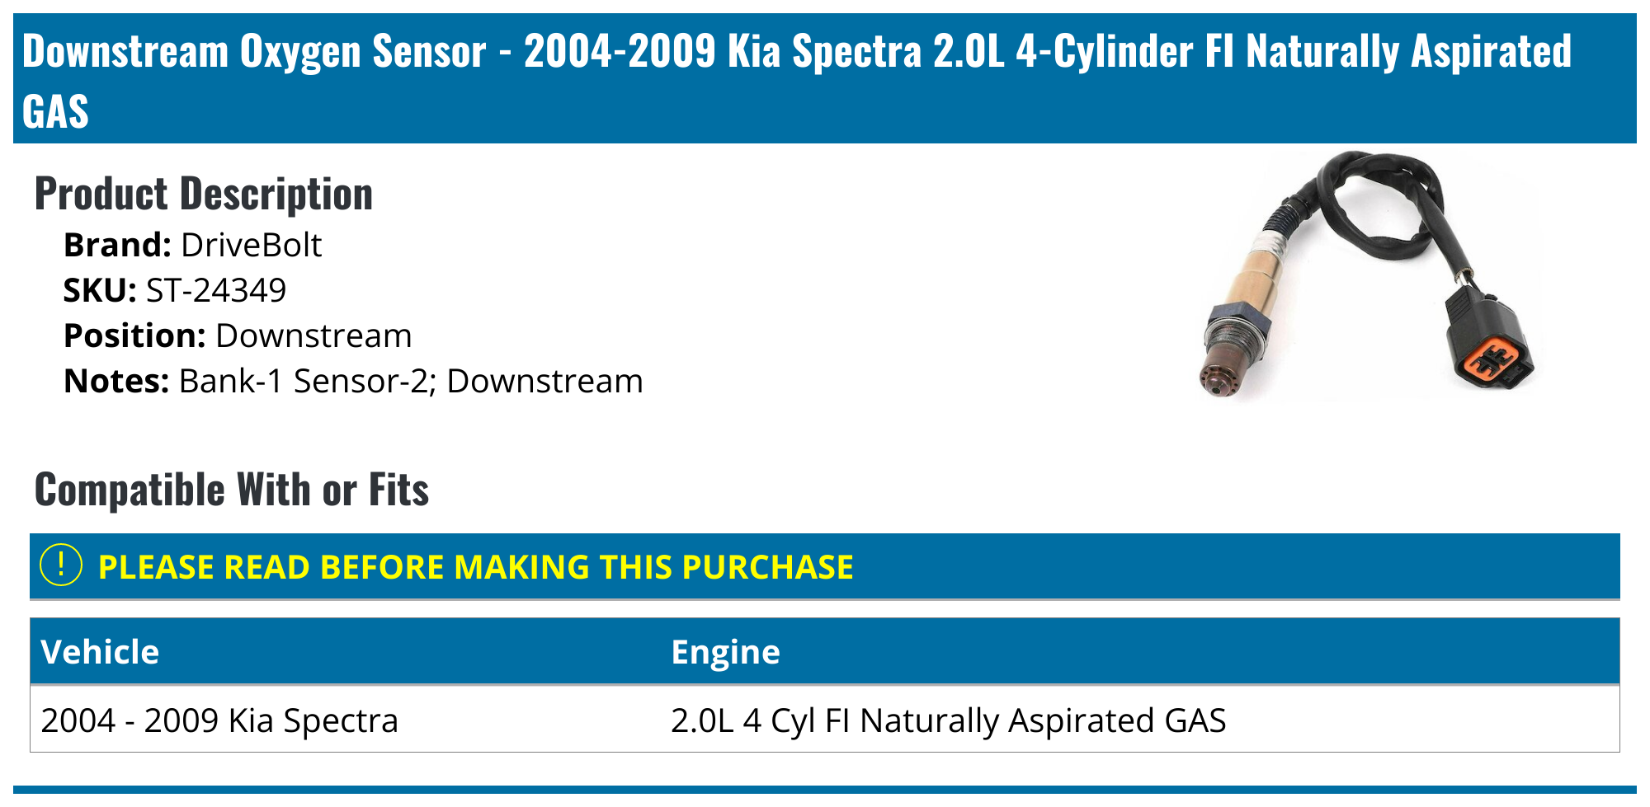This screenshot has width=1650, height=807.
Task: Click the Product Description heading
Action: tap(203, 195)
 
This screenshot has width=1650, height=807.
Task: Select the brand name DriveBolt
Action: tap(251, 246)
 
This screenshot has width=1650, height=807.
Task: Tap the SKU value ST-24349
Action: tap(216, 290)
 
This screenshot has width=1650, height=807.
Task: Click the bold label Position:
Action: tap(134, 336)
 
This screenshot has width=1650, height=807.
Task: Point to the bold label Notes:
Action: tap(116, 382)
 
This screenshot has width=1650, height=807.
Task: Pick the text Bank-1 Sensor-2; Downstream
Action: tap(411, 382)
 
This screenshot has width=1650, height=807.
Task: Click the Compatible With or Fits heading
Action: tap(231, 490)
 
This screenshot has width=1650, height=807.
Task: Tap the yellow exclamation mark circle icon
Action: tap(61, 565)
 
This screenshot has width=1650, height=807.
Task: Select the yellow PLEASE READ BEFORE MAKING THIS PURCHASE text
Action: tap(475, 567)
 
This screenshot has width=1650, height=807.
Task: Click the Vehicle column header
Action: tap(100, 652)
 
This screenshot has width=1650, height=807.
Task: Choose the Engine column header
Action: tap(725, 652)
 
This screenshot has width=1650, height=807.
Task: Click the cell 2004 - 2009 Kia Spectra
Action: tap(219, 720)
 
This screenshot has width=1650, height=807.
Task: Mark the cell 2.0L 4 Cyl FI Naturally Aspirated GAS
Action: tap(948, 720)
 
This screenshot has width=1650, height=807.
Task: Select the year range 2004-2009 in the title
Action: tap(620, 51)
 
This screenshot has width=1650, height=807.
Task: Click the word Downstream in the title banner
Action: tap(125, 51)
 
